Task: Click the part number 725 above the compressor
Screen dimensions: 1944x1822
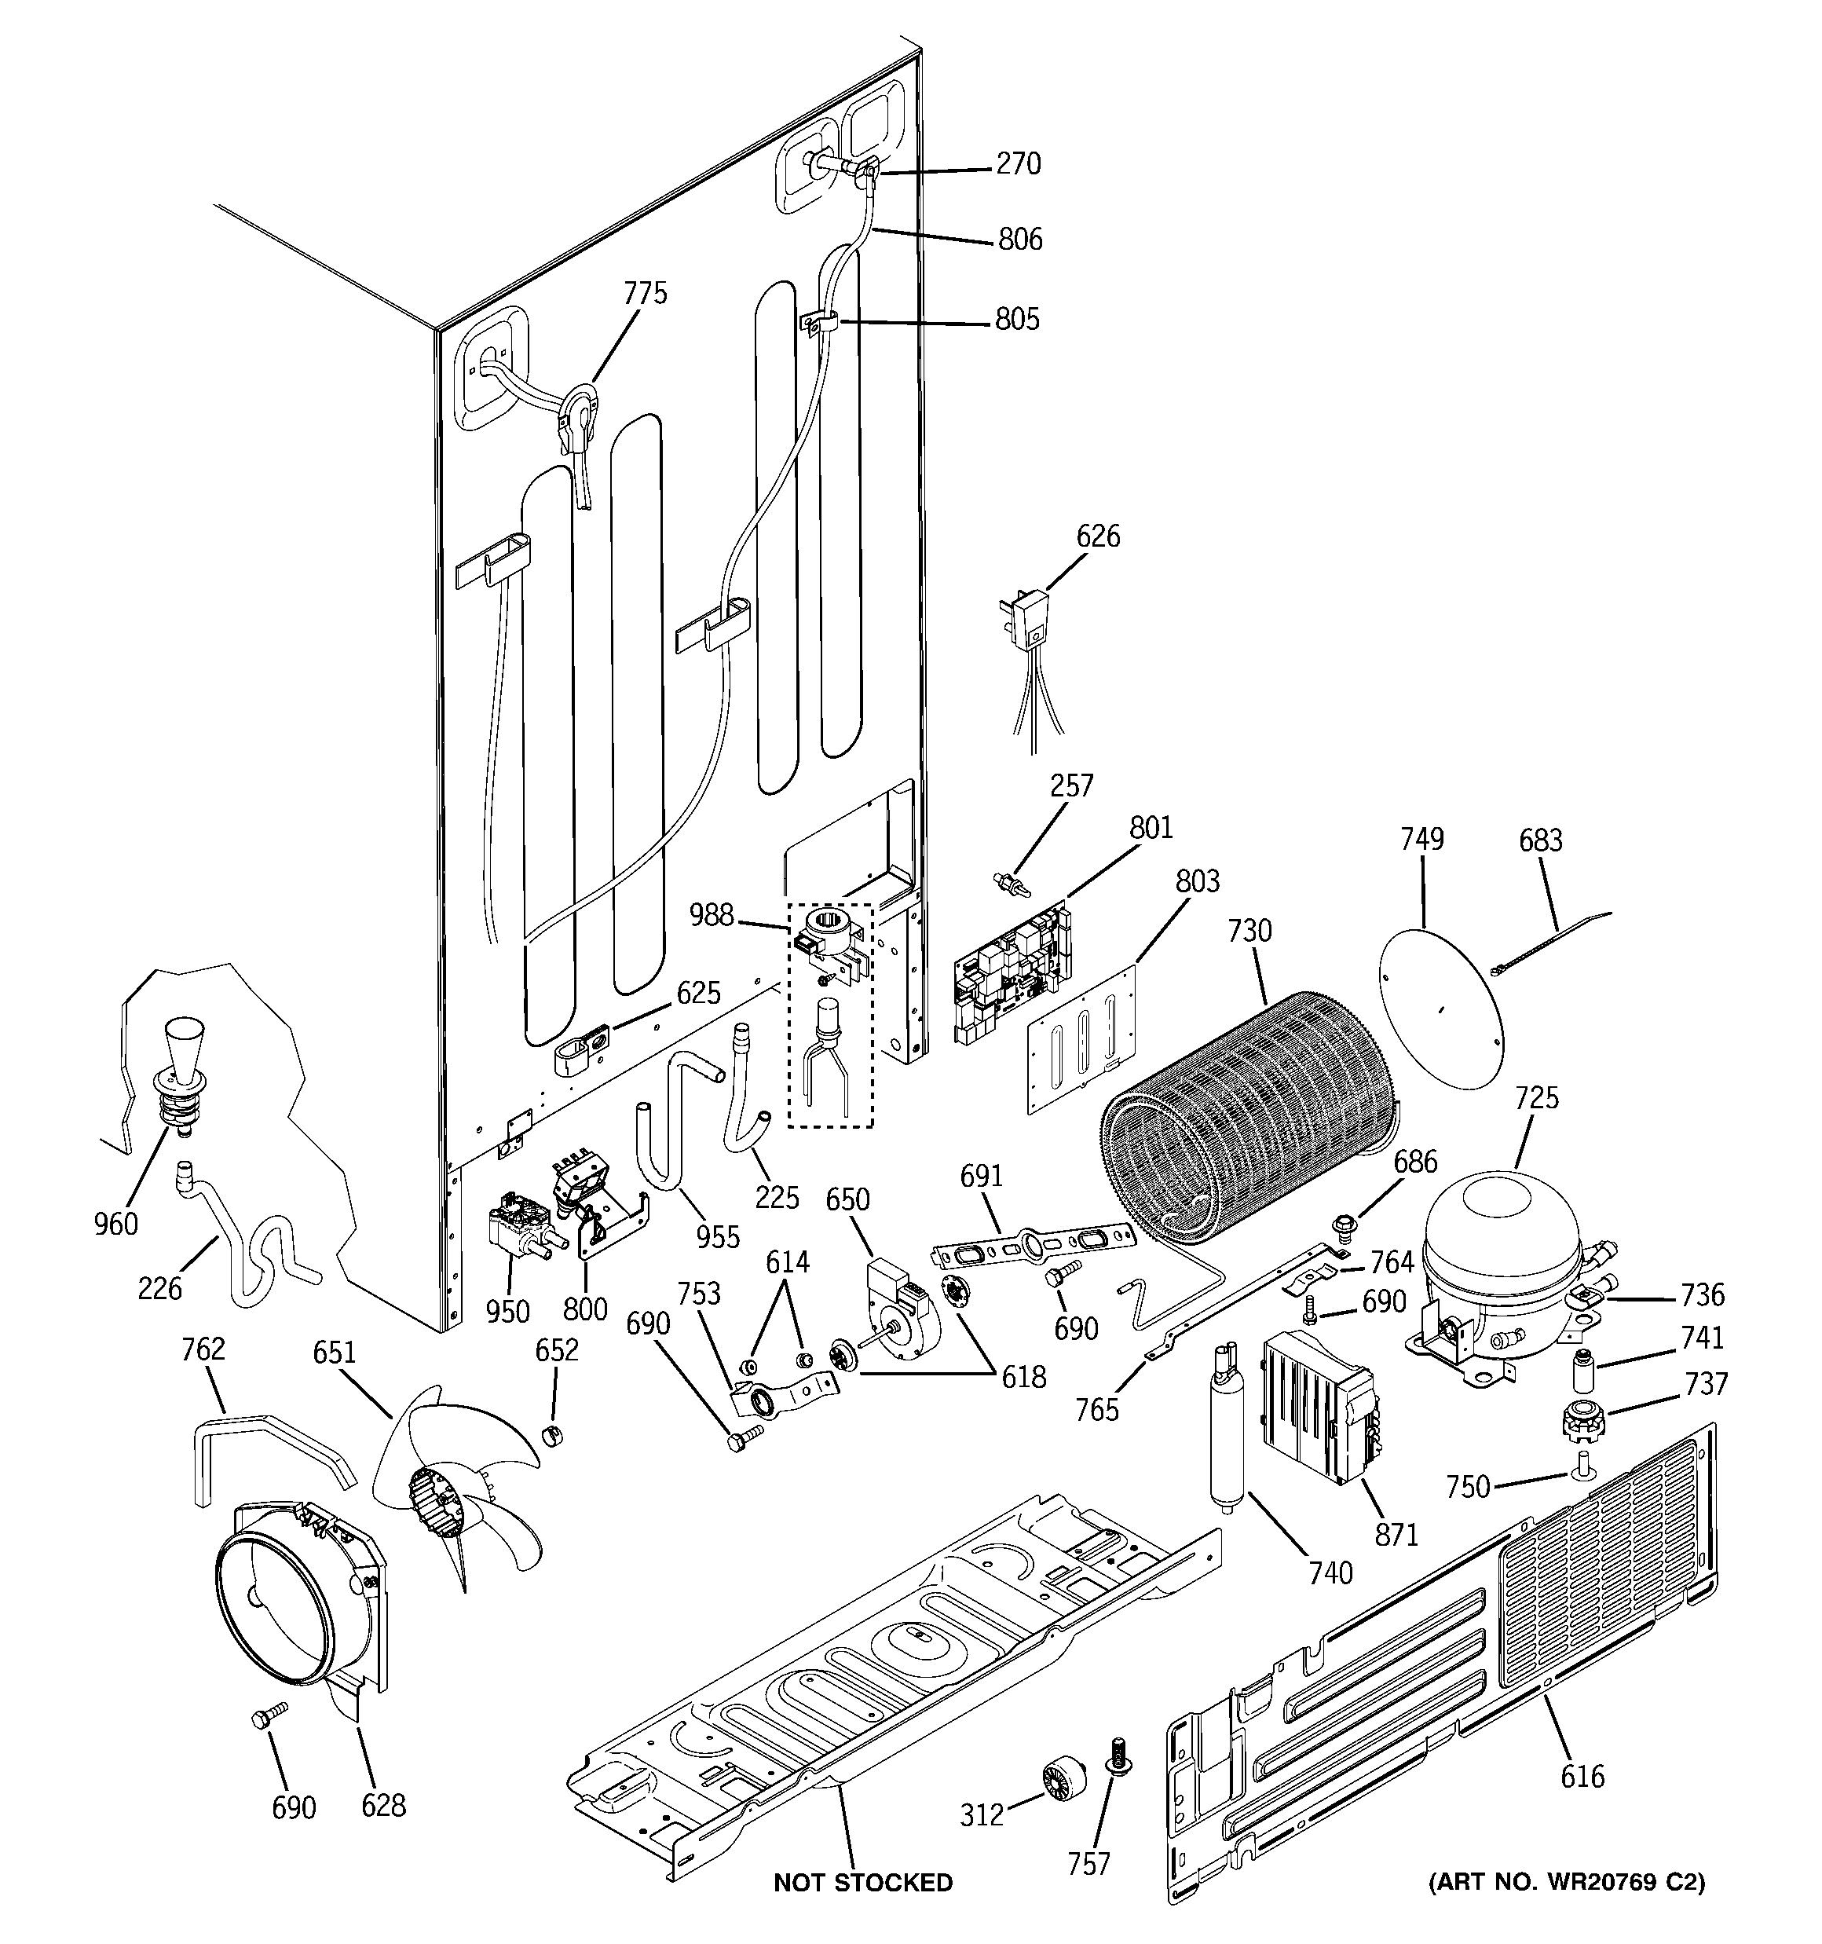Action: point(1535,1098)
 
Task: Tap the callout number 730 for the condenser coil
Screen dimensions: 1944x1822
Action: point(1249,930)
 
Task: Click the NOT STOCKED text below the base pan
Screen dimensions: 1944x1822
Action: point(862,1883)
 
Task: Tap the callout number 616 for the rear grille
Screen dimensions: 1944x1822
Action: point(1582,1776)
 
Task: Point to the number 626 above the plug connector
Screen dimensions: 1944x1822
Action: point(1097,536)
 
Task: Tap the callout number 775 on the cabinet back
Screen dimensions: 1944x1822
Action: point(646,293)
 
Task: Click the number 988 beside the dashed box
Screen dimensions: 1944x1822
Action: point(711,914)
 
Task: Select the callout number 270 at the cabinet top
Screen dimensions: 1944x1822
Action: point(1018,163)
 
